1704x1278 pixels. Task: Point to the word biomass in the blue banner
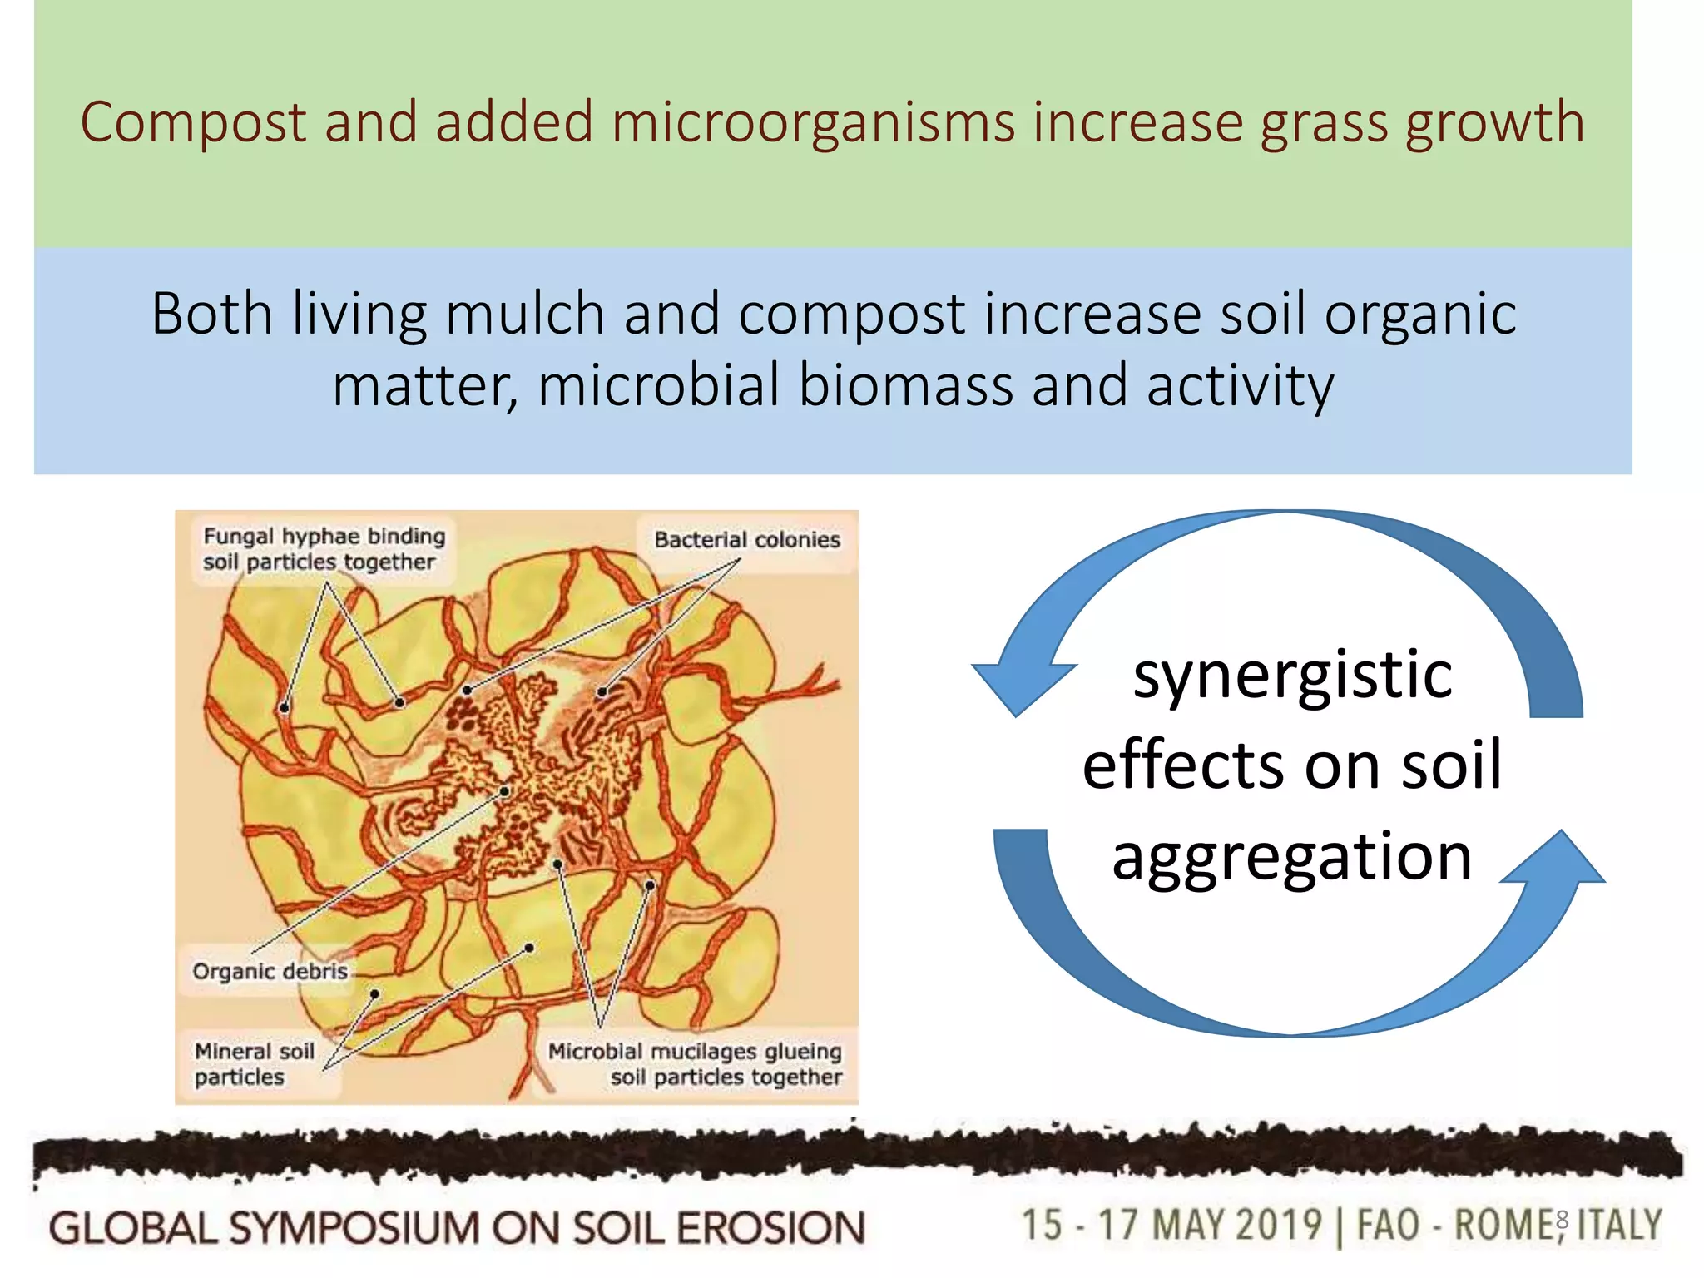coord(905,386)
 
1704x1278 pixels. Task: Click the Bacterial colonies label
coord(747,540)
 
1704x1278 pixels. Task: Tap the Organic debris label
coord(270,971)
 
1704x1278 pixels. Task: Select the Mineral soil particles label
coord(254,1064)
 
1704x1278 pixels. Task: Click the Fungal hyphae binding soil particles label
coord(324,549)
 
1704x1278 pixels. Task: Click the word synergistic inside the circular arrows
coord(1292,676)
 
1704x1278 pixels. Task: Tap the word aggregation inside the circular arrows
coord(1292,857)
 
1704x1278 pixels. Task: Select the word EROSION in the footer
coord(771,1228)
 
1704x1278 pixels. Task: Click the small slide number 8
coord(1562,1220)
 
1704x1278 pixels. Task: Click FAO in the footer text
coord(1388,1226)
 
